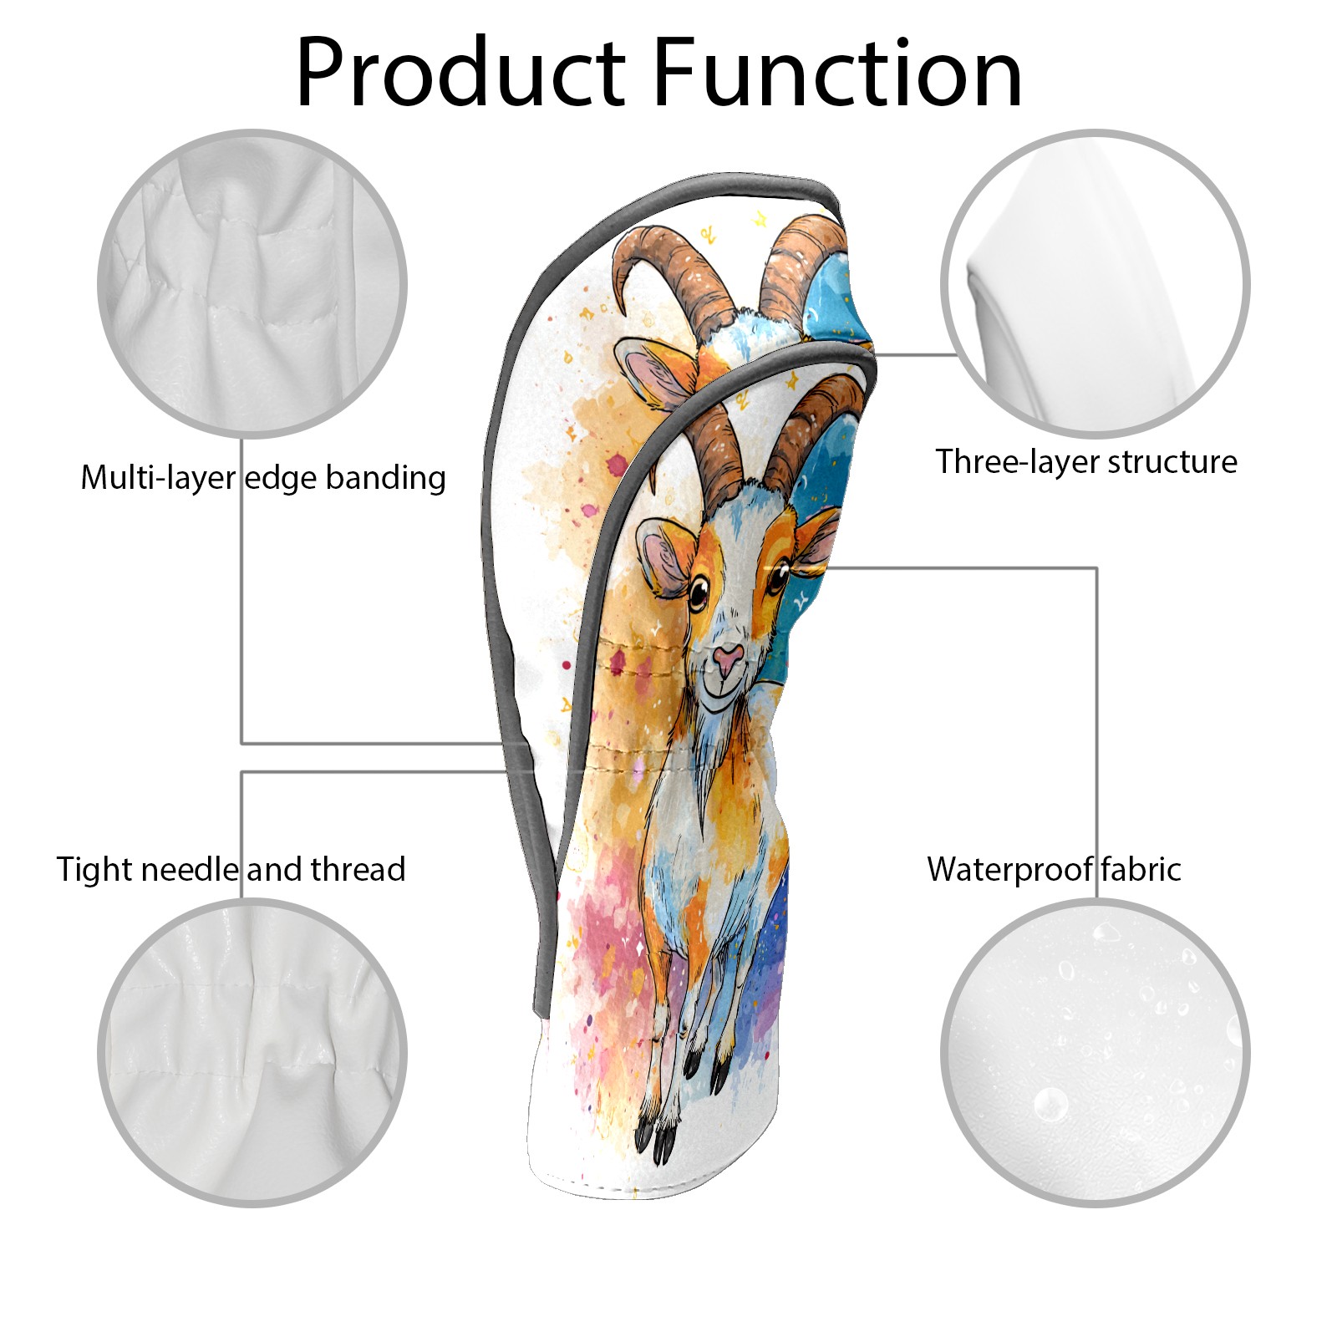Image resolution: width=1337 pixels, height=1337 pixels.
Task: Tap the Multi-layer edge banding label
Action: [x=263, y=478]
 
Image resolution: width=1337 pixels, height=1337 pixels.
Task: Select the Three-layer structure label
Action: [x=1086, y=461]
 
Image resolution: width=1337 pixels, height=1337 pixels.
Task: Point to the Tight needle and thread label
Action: [x=231, y=870]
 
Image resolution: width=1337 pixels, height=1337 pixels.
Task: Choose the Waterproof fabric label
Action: [x=1054, y=869]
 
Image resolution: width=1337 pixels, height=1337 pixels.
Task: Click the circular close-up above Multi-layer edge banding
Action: [x=252, y=283]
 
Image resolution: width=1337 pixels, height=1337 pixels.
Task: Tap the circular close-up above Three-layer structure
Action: [x=1095, y=283]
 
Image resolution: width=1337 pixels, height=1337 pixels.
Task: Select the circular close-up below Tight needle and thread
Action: [x=252, y=1052]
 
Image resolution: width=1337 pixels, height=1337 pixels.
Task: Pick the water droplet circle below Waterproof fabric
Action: [x=1095, y=1052]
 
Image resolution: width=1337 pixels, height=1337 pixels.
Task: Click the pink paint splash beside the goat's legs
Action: [x=614, y=936]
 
